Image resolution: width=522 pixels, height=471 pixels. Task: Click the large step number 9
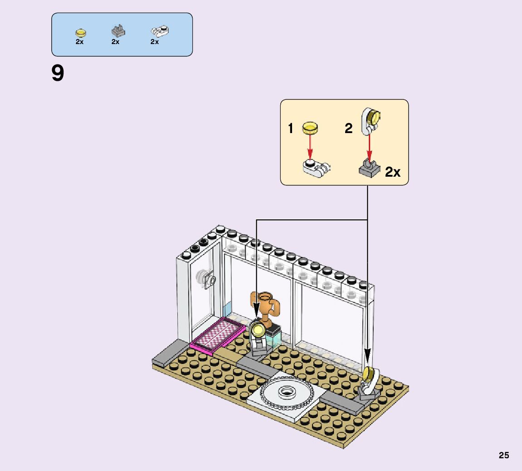(58, 74)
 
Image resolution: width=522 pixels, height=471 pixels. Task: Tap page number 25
(504, 455)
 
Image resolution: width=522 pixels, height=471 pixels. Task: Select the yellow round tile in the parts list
(80, 33)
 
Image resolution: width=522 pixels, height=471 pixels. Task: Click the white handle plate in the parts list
(159, 31)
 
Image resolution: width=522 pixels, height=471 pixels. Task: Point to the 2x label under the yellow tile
(80, 42)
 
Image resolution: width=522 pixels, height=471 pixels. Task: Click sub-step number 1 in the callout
(291, 129)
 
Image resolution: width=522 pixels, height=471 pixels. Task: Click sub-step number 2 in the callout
(348, 129)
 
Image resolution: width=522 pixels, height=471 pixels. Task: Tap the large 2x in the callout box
(393, 172)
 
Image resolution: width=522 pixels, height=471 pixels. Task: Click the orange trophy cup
(264, 305)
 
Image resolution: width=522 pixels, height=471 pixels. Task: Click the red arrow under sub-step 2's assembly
(369, 146)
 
